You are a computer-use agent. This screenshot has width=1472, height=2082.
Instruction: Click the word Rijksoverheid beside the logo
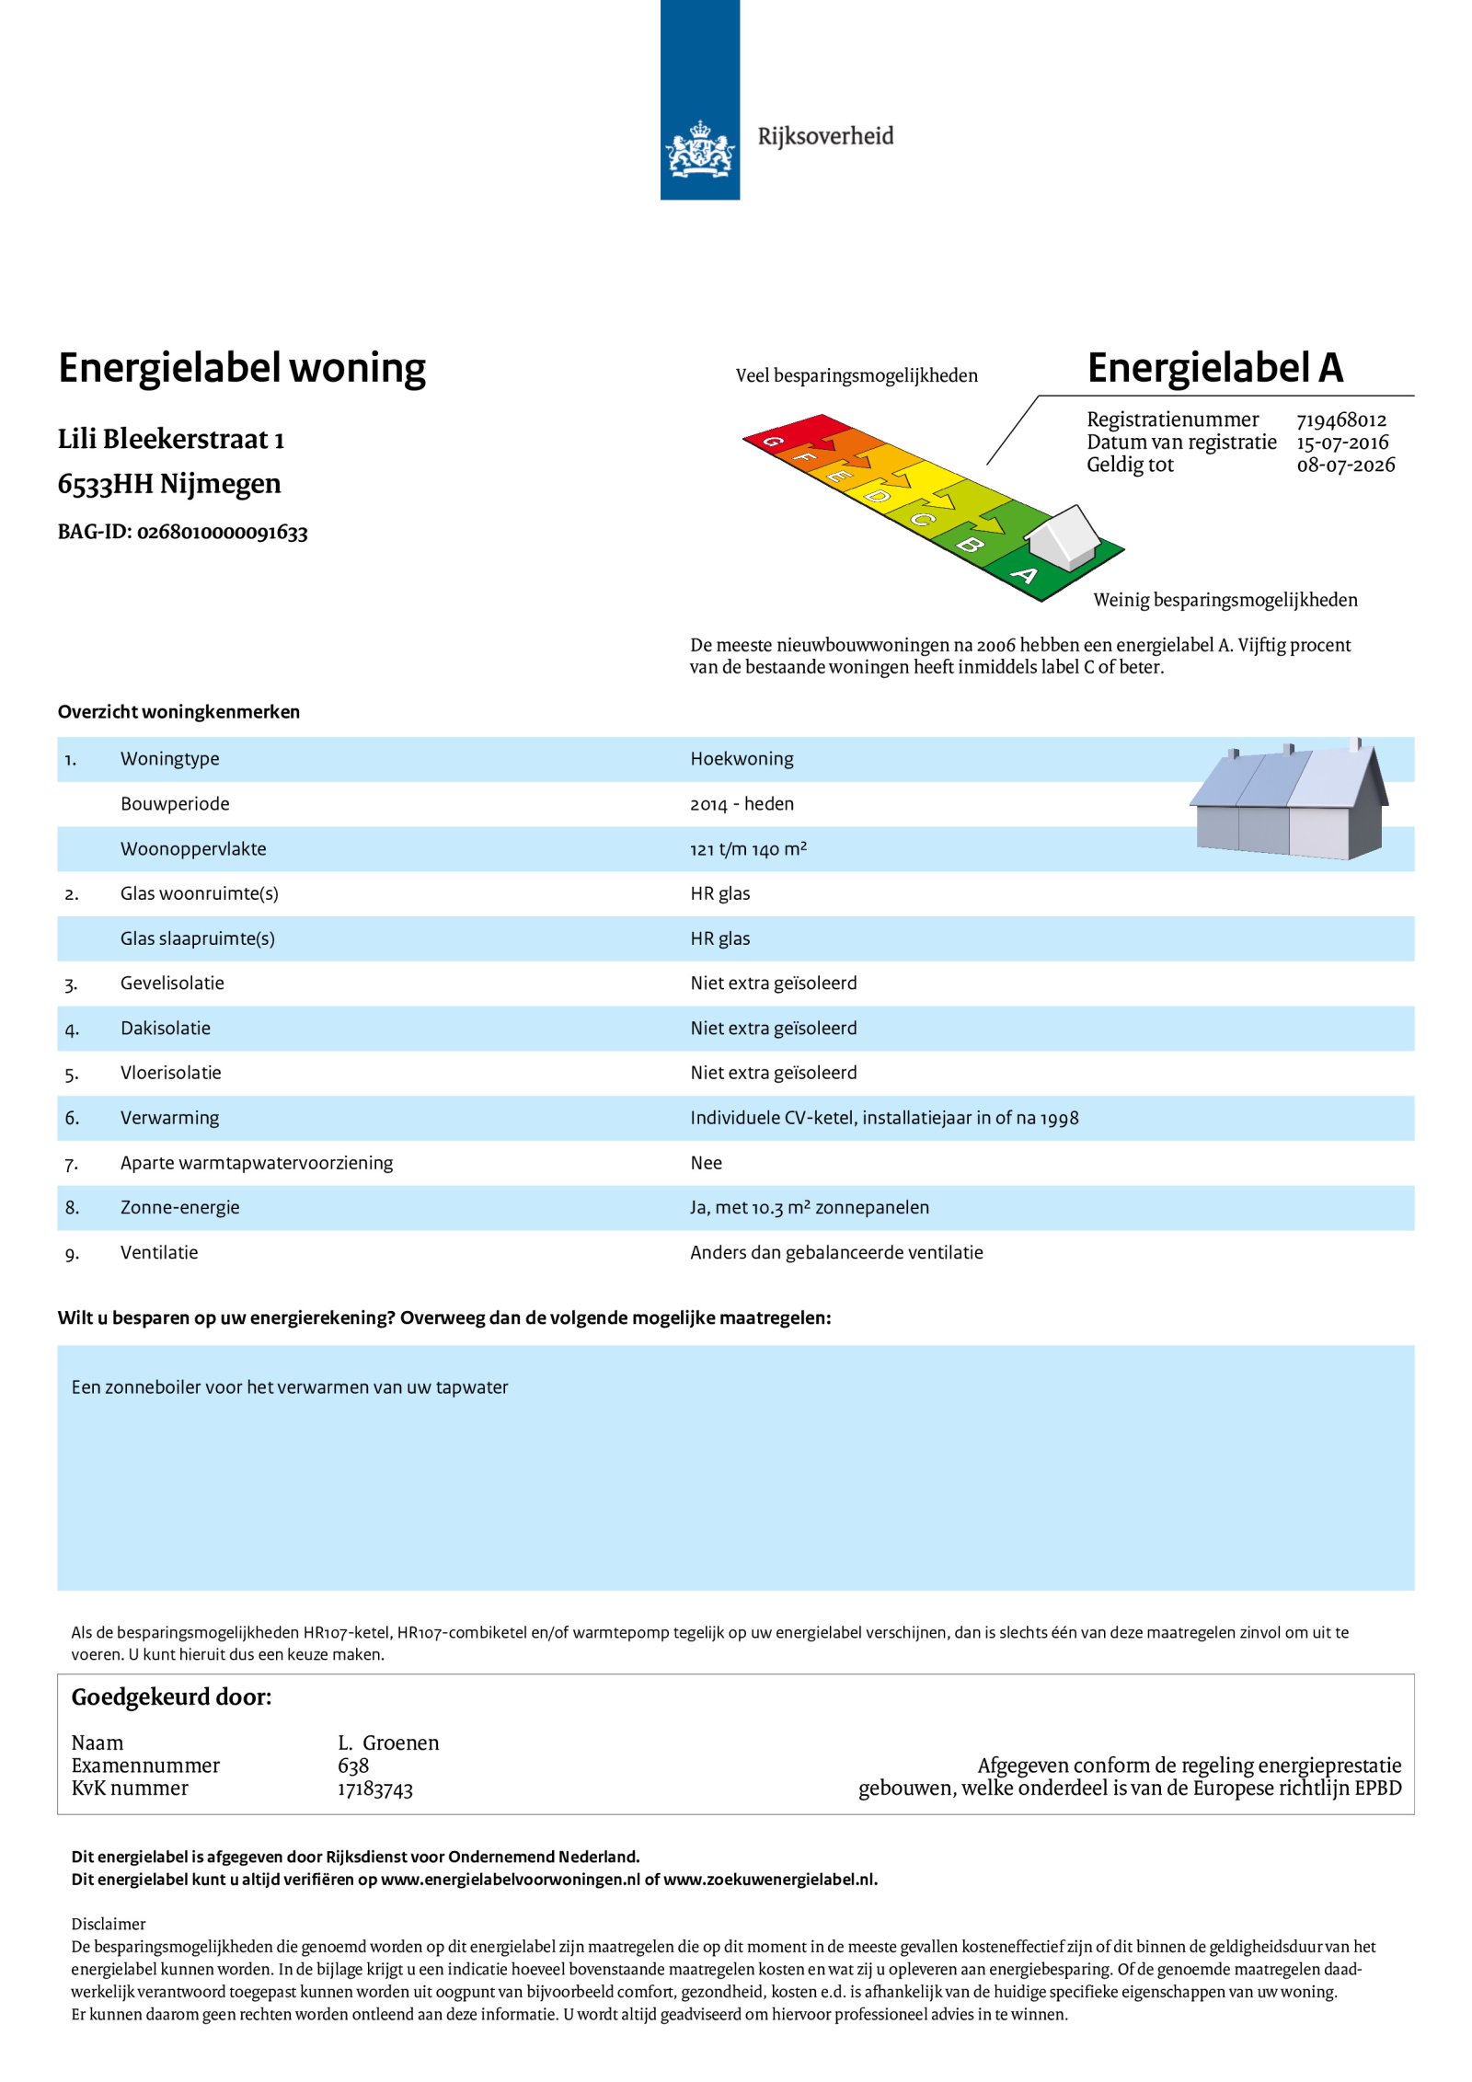825,136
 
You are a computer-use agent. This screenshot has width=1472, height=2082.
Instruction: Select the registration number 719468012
1340,420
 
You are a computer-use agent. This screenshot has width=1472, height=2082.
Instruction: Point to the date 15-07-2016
1342,443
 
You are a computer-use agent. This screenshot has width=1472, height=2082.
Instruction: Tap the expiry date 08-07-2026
1345,466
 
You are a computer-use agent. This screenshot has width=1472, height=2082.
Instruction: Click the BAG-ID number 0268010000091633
222,533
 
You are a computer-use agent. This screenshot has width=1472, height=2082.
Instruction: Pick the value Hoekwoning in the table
742,759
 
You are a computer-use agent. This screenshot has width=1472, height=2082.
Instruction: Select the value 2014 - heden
742,804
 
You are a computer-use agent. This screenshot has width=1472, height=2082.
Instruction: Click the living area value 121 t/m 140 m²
748,849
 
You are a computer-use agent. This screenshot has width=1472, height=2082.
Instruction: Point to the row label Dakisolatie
166,1029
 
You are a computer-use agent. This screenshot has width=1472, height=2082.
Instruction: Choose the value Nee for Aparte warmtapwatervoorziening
706,1163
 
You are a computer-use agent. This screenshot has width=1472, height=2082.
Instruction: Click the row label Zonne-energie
179,1208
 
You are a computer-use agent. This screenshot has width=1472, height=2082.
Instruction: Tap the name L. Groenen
388,1743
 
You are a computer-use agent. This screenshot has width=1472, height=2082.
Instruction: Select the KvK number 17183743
374,1789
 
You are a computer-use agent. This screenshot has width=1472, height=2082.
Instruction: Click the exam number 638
353,1766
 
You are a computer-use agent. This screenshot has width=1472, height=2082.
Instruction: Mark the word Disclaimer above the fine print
109,1924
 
